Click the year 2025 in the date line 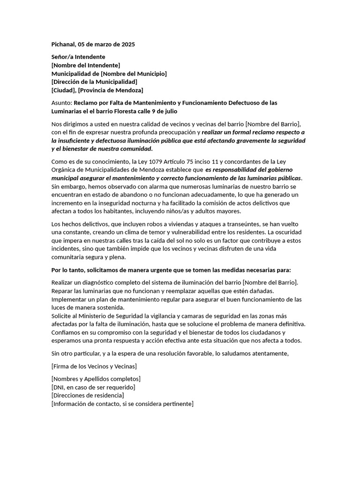point(127,45)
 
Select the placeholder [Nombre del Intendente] point(85,65)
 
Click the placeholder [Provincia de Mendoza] point(111,90)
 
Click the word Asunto point(61,103)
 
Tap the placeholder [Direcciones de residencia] point(88,396)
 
